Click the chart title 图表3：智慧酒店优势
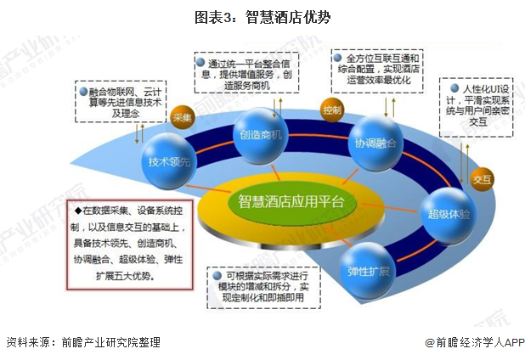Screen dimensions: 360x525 (262, 16)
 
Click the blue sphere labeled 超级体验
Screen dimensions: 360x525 (449, 211)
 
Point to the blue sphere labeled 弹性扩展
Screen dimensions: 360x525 (368, 271)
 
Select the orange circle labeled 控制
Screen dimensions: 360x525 (332, 110)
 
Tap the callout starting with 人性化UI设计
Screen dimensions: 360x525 (477, 104)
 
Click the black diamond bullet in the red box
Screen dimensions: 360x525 (78, 209)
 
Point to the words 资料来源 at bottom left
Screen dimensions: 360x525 (25, 342)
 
